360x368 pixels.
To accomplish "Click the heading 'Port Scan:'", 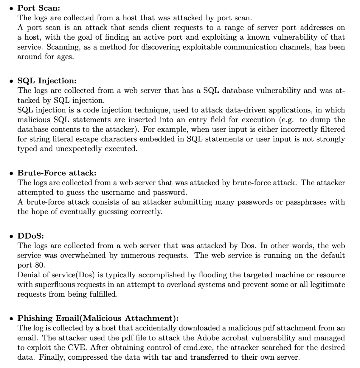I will click(39, 8).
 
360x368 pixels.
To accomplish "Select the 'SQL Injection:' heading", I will click(47, 81).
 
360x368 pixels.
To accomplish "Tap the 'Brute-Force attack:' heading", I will click(57, 173).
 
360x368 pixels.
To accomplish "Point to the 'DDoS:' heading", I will click(31, 236).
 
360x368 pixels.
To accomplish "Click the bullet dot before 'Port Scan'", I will click(11, 9).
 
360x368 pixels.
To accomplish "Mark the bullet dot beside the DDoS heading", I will click(11, 236).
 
